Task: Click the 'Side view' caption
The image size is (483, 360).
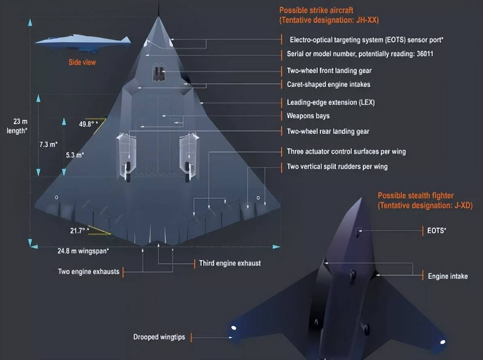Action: coord(82,62)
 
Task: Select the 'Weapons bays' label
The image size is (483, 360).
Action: coord(308,116)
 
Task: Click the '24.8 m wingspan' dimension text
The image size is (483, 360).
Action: coord(83,251)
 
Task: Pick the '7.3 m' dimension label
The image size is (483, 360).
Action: coord(48,144)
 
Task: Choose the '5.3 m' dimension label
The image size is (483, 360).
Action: coord(75,155)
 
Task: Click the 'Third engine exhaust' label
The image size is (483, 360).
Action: coord(230,263)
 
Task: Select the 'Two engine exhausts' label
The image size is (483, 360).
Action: coord(89,272)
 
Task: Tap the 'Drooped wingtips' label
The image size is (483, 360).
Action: coord(159,337)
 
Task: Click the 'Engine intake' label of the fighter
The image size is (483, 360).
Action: coord(448,276)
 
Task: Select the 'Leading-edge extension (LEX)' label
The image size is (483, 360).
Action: coord(331,103)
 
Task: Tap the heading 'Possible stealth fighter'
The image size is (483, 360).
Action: coord(416,196)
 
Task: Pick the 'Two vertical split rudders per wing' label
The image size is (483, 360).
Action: coord(337,166)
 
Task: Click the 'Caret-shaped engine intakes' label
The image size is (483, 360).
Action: coord(328,84)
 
